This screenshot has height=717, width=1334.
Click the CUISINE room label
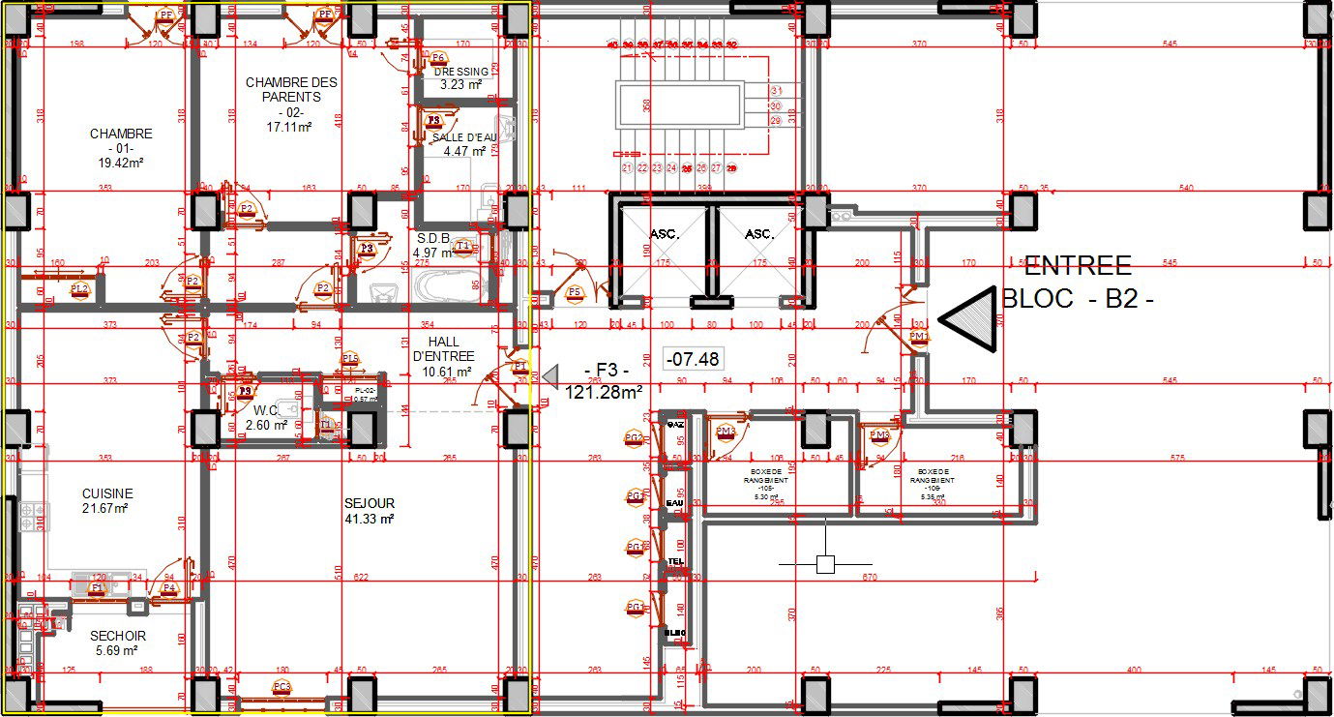[x=107, y=494]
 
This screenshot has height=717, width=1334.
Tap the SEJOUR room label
[x=370, y=504]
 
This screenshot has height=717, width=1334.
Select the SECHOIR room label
[x=117, y=636]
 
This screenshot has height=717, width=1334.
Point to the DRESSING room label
[x=461, y=72]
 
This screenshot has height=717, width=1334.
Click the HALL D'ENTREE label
[x=442, y=349]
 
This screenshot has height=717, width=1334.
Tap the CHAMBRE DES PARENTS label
[x=291, y=90]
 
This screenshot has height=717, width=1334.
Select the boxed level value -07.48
[x=693, y=359]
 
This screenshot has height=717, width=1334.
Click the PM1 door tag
[x=919, y=337]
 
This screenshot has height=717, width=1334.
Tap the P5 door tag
[x=575, y=291]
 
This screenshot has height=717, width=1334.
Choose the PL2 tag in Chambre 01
[x=79, y=289]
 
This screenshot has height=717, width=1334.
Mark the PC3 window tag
[x=282, y=687]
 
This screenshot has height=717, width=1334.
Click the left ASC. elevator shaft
[x=665, y=235]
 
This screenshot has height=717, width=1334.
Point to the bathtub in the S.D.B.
[x=446, y=287]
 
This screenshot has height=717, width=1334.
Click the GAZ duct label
[x=675, y=425]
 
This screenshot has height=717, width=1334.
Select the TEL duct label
[x=675, y=561]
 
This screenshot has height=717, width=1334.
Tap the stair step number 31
[x=775, y=90]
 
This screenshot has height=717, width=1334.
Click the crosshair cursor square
[x=825, y=564]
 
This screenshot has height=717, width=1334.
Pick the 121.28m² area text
[x=605, y=392]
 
